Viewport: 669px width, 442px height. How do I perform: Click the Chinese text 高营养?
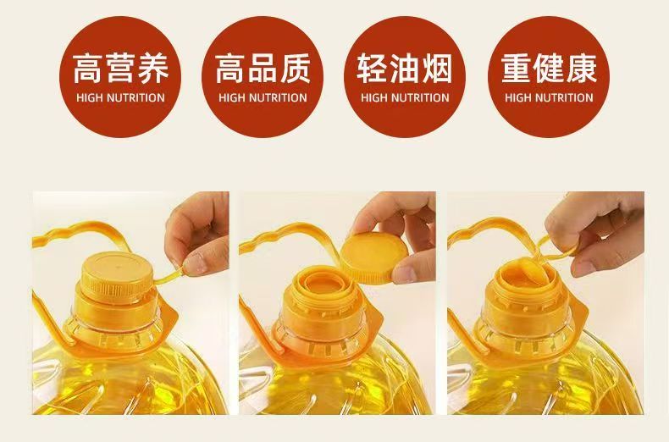[121, 69]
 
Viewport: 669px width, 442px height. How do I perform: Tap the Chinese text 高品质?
[263, 69]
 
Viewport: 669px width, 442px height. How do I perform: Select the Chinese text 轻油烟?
[405, 69]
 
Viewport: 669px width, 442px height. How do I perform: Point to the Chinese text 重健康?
[549, 69]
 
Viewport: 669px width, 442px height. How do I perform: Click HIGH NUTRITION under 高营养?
[121, 97]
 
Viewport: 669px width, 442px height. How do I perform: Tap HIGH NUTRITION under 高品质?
[263, 97]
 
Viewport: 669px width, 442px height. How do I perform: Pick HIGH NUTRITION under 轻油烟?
[405, 97]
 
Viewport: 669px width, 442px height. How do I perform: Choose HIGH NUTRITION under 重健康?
[549, 97]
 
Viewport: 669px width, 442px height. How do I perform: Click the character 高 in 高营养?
[88, 69]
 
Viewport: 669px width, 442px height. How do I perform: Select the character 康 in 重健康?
[582, 69]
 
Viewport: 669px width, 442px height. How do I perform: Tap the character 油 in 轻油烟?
[405, 69]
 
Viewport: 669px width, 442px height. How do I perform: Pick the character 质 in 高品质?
[296, 69]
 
